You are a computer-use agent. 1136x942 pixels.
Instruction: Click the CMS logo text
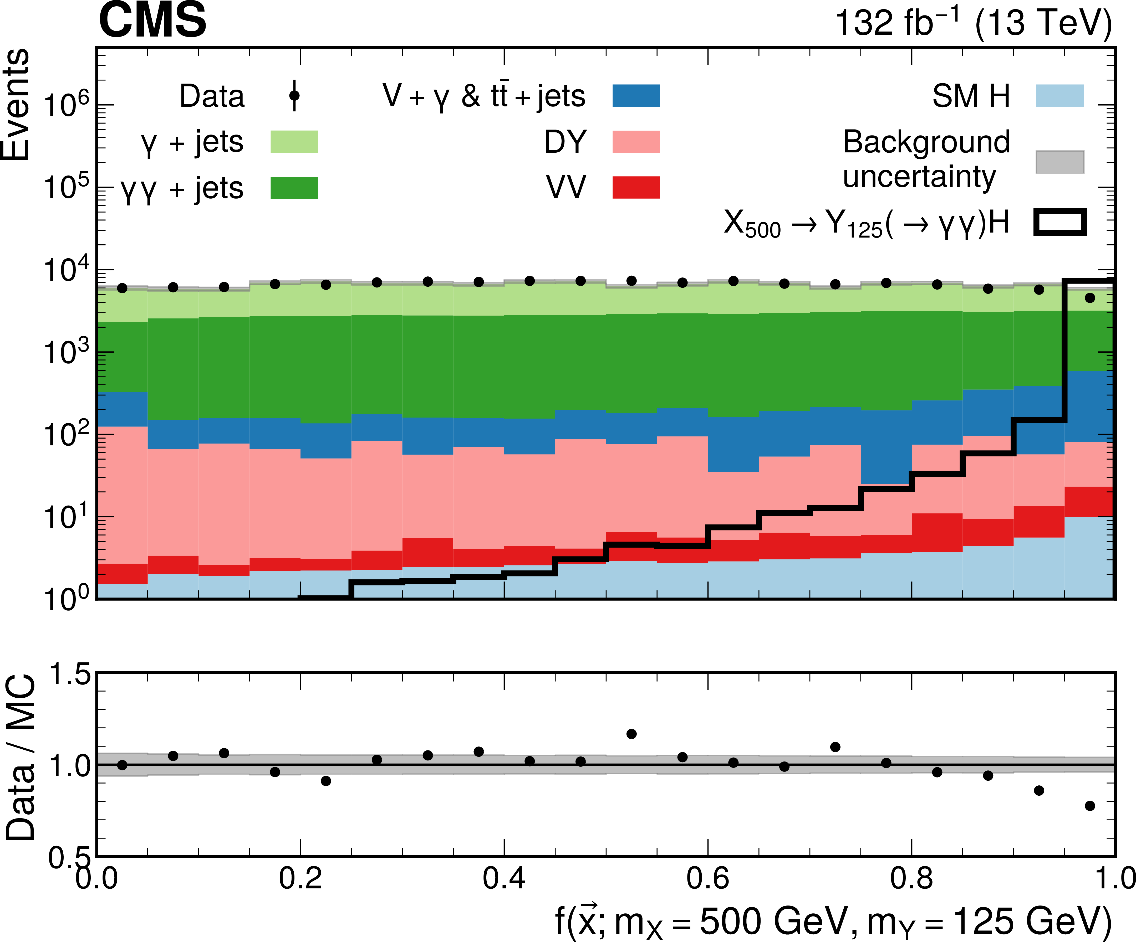coord(152,20)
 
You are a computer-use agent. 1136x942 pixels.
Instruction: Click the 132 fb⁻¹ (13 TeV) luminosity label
coord(973,23)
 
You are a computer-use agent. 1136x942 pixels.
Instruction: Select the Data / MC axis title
coord(21,757)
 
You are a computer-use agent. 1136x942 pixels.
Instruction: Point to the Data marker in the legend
coord(294,96)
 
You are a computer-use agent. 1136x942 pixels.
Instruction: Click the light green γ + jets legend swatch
coord(294,142)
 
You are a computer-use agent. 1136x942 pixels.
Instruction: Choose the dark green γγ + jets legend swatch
coord(294,188)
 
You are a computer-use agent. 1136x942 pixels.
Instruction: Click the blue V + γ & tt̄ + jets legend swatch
coord(636,96)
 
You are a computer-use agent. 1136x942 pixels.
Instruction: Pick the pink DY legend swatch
coord(636,142)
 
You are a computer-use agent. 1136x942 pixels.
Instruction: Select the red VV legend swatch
coord(636,188)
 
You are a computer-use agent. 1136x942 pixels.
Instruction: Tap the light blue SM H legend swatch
coord(1060,96)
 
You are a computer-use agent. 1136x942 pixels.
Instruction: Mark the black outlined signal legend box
coord(1060,222)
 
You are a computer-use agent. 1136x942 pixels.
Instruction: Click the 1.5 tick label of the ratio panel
coord(69,676)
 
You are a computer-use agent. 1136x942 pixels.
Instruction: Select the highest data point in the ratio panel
coord(631,734)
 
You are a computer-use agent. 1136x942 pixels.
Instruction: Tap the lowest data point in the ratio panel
coord(1090,806)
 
